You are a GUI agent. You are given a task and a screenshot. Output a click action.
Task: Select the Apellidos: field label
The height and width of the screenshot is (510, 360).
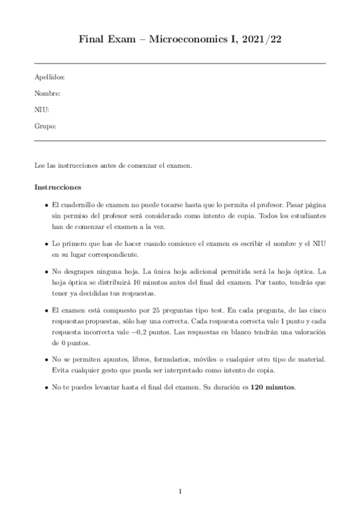click(50, 78)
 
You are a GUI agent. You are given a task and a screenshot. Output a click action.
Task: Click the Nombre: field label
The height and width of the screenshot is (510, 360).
click(47, 94)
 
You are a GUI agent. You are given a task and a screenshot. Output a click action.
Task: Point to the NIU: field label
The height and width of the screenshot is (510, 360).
click(41, 110)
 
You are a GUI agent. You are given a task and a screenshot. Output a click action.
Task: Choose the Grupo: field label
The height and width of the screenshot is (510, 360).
click(46, 126)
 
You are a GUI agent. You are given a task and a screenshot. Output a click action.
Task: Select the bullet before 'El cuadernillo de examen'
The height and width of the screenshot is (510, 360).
click(46, 206)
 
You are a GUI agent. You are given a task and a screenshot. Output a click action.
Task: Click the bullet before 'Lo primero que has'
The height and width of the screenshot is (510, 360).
click(46, 244)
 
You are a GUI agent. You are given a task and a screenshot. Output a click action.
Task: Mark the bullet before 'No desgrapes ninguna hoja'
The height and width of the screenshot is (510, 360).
click(46, 272)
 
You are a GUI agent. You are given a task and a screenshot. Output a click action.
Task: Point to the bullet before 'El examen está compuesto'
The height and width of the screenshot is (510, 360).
click(46, 310)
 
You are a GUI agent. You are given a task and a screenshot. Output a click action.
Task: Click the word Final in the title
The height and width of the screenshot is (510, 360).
click(91, 40)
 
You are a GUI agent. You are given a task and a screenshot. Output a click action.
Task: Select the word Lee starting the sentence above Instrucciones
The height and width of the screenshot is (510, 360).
click(40, 165)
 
